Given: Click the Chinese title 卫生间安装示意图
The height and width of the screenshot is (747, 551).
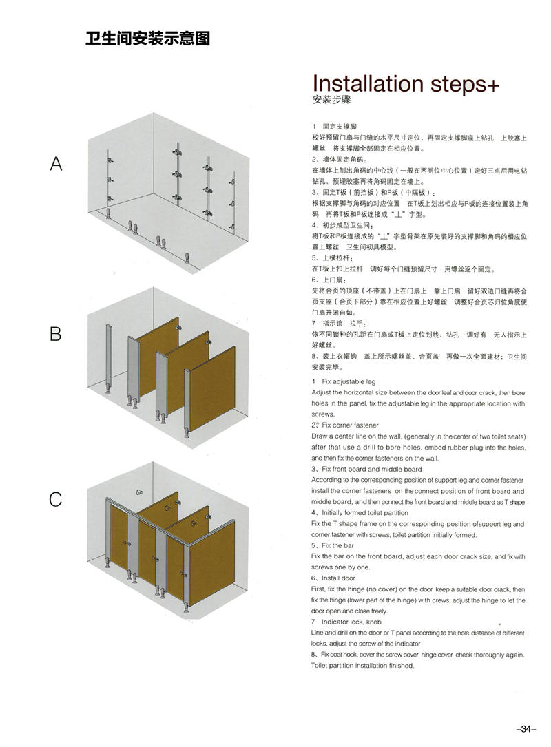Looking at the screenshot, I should coord(147,39).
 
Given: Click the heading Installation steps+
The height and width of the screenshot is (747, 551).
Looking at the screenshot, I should coord(406,83).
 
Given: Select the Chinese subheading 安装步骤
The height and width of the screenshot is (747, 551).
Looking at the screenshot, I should coord(332,100).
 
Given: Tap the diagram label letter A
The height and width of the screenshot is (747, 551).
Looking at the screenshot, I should coord(56,164).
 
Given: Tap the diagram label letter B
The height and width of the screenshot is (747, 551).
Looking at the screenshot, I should coord(56,334).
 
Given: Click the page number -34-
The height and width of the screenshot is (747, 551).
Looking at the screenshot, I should coord(525,729).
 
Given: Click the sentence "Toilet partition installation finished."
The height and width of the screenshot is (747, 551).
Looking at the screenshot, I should coord(362,666).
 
